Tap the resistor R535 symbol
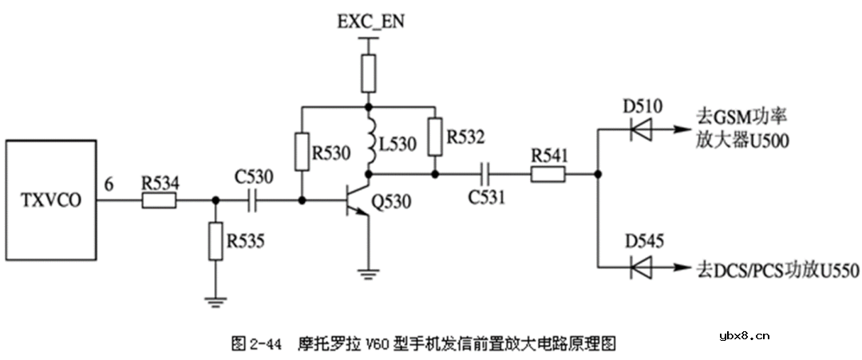pyautogui.click(x=215, y=242)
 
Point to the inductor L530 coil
pyautogui.click(x=369, y=141)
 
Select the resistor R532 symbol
pyautogui.click(x=434, y=136)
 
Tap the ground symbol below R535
pyautogui.click(x=215, y=302)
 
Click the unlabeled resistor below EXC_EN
pyautogui.click(x=368, y=74)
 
